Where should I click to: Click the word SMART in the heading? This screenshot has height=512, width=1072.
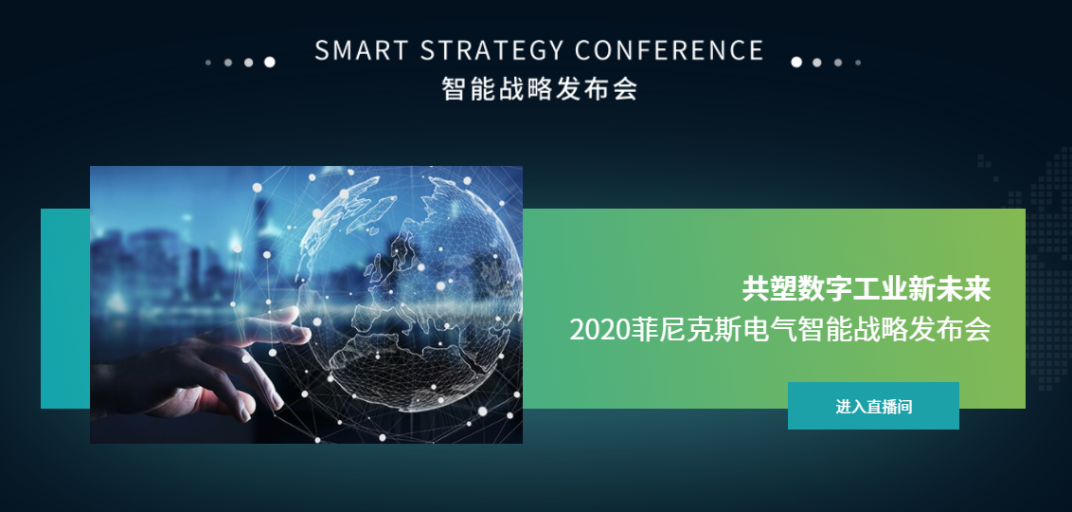pyautogui.click(x=361, y=50)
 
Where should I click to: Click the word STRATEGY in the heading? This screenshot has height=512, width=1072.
pyautogui.click(x=491, y=50)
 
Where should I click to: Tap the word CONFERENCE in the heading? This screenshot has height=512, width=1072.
pyautogui.click(x=670, y=50)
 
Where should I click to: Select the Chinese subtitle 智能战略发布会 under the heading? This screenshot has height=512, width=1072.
pyautogui.click(x=540, y=89)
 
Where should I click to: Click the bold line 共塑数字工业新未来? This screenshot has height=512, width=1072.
pyautogui.click(x=867, y=289)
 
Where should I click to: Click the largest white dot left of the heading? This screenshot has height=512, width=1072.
pyautogui.click(x=269, y=63)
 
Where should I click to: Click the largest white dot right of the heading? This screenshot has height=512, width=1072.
pyautogui.click(x=796, y=63)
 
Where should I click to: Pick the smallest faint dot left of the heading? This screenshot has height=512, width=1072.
pyautogui.click(x=207, y=63)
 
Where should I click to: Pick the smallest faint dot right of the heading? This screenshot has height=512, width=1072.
pyautogui.click(x=858, y=63)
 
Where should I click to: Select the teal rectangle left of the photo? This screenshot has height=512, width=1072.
pyautogui.click(x=65, y=309)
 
